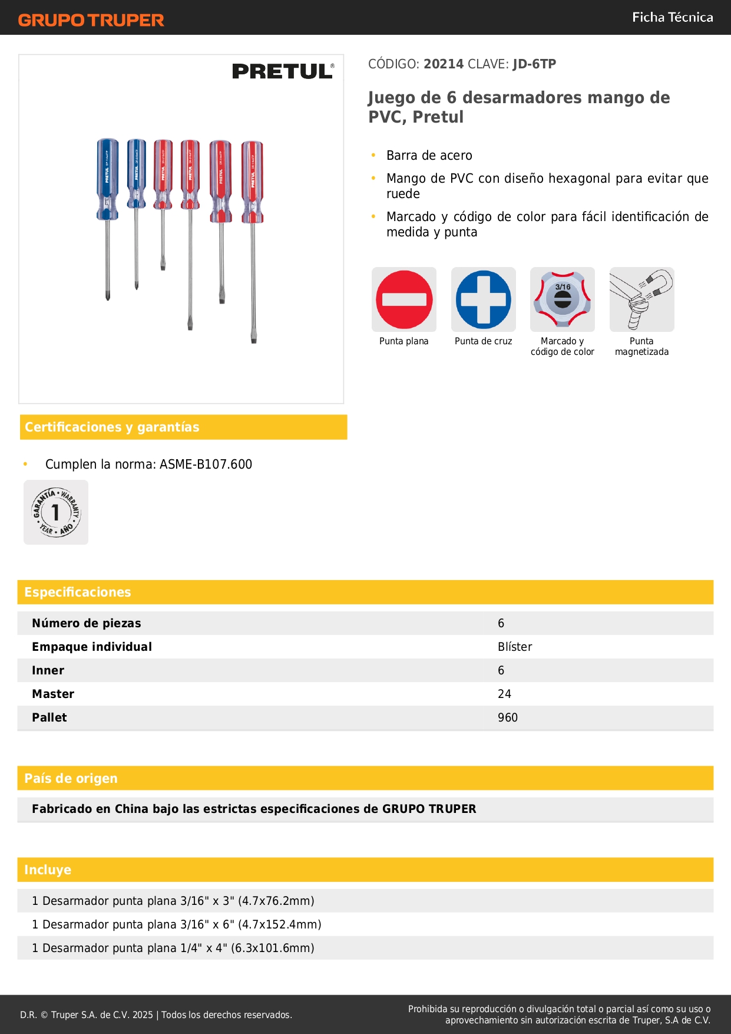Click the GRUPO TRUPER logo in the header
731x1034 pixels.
[91, 20]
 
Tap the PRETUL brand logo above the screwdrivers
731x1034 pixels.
[283, 71]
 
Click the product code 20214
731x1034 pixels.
[444, 64]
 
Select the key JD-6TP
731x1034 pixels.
[534, 64]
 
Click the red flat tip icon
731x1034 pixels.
[404, 299]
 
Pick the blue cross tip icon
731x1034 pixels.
[483, 299]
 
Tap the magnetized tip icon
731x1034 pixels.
[641, 299]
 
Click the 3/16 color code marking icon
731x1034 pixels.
[563, 299]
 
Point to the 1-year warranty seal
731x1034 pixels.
[56, 512]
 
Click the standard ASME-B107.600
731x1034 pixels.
[206, 465]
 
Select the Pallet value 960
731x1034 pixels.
[508, 718]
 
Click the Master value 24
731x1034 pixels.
[504, 694]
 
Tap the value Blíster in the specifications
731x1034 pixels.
[515, 647]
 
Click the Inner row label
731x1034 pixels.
[48, 671]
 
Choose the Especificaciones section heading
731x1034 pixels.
[78, 592]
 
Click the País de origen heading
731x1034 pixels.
[71, 779]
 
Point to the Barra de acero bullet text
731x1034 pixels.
[429, 156]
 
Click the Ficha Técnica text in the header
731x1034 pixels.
[672, 18]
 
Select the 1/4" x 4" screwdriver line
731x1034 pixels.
[173, 948]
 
